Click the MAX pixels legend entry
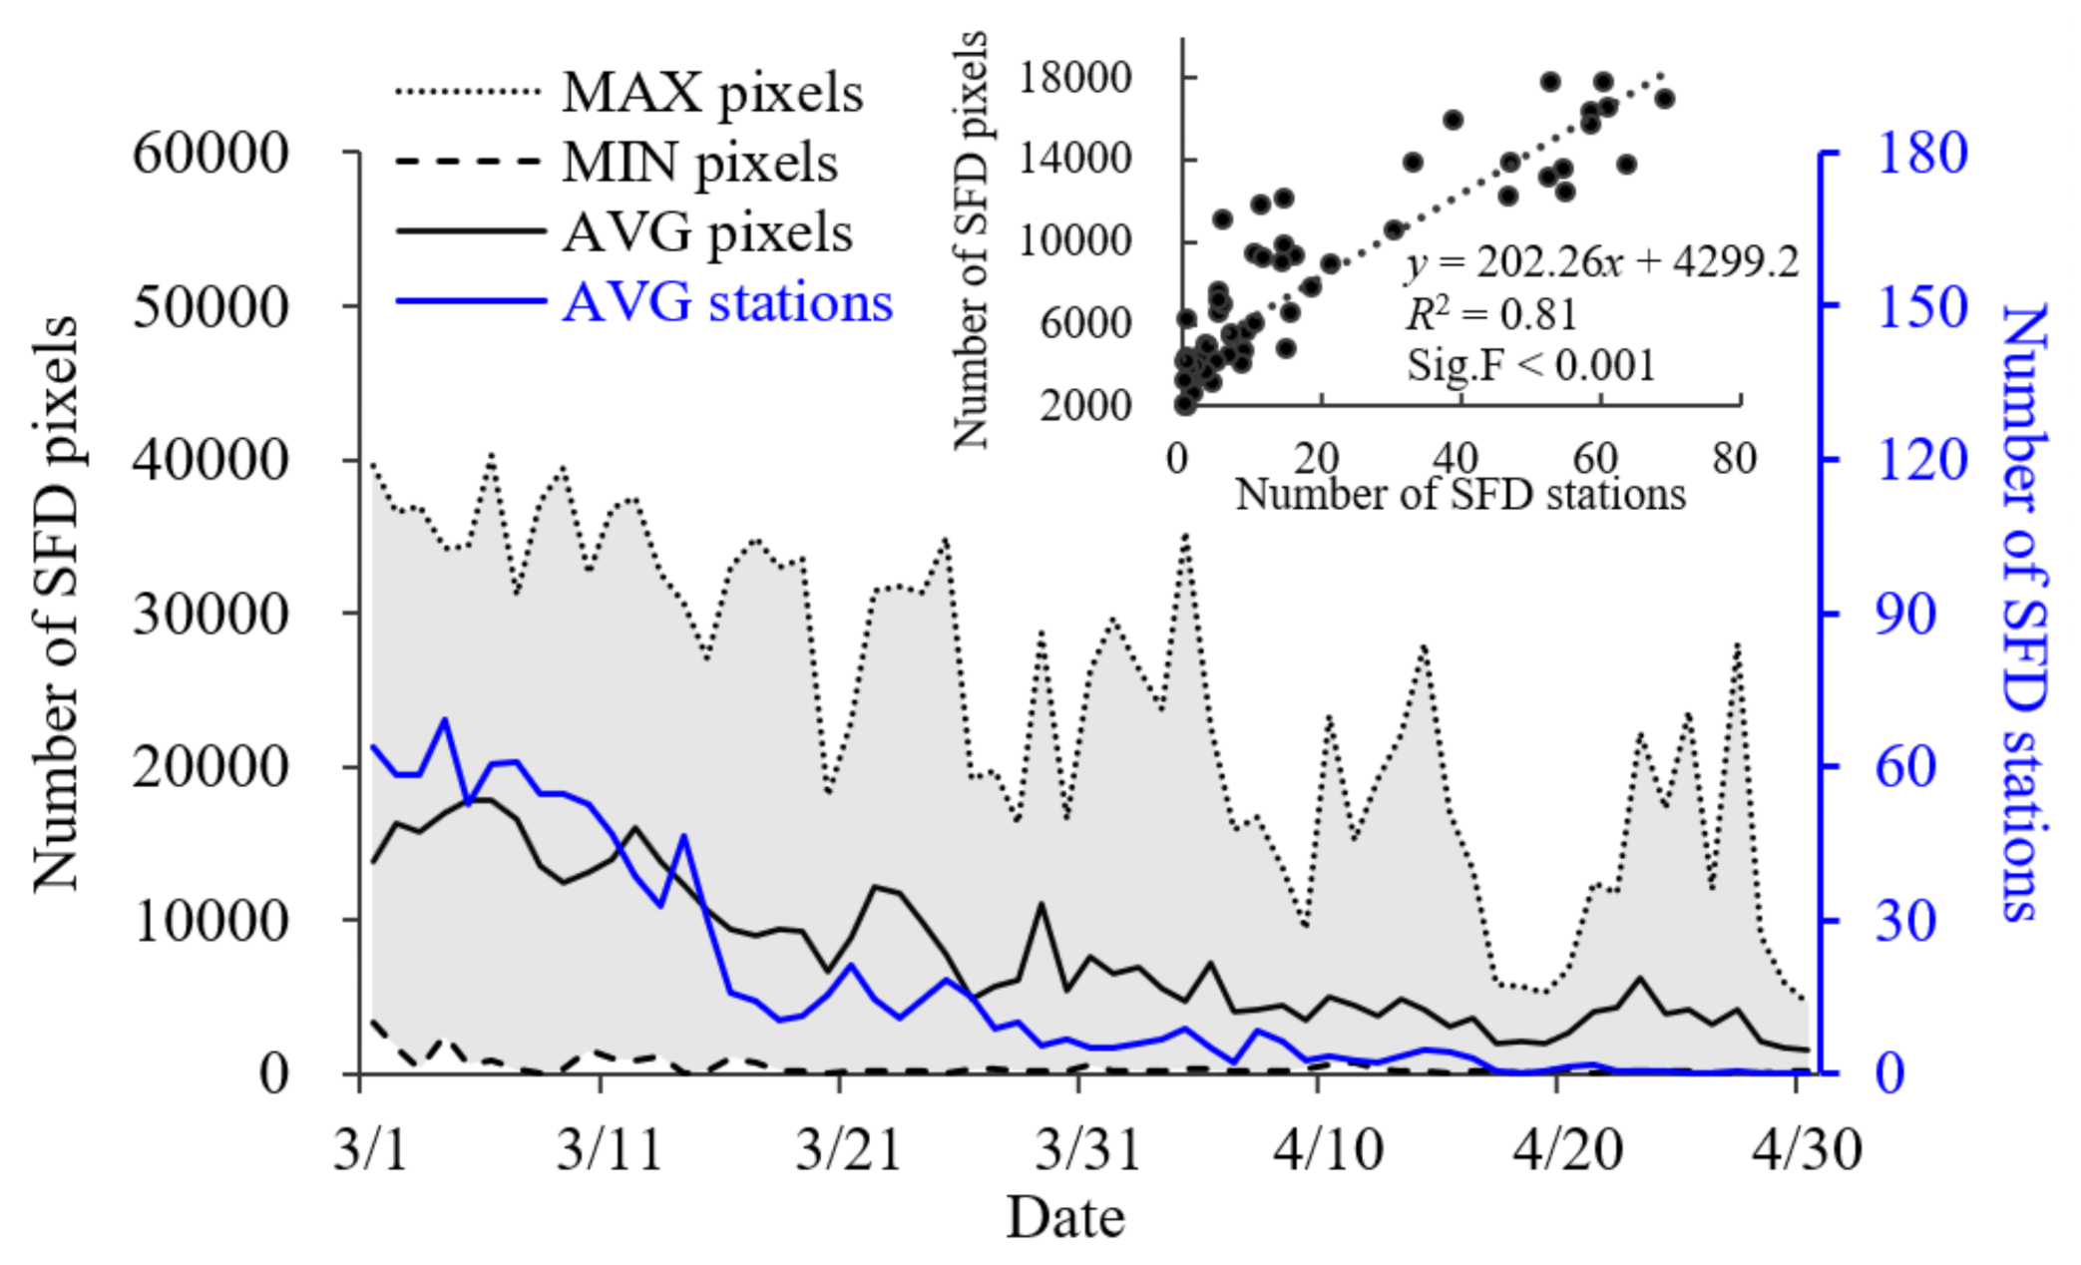pos(711,93)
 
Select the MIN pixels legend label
pos(699,163)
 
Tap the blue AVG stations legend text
pos(727,301)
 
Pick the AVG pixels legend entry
pos(707,232)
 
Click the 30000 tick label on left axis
pos(210,614)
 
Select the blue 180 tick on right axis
pos(1921,153)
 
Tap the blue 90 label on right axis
pos(1905,614)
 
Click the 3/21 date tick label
pos(848,1149)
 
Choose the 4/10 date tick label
pos(1328,1149)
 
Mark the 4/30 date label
pos(1807,1149)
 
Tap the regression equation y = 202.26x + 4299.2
pos(1601,262)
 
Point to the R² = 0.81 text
pos(1490,314)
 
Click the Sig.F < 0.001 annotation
pos(1530,364)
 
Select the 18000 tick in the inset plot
pos(1073,78)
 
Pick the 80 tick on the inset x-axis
pos(1734,459)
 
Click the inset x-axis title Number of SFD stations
pos(1459,494)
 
